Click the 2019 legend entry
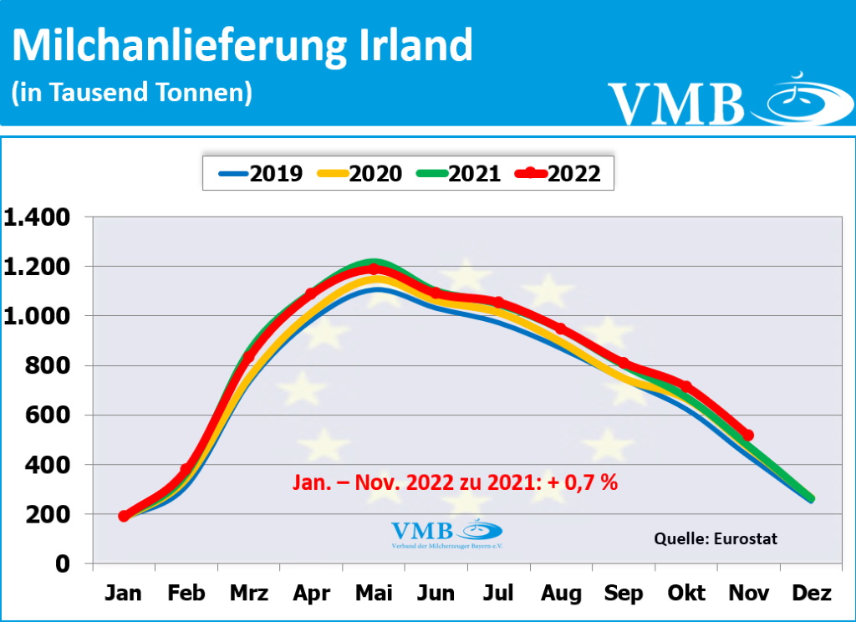point(261,173)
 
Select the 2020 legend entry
point(359,173)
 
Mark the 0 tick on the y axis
point(63,564)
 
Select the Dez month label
point(811,594)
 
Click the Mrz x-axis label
point(248,594)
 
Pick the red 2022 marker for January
point(124,516)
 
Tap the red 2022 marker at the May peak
point(374,269)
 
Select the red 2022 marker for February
point(186,470)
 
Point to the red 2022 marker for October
point(686,386)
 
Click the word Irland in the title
point(410,46)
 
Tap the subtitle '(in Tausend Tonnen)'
point(131,92)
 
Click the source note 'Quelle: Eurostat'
point(715,538)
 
